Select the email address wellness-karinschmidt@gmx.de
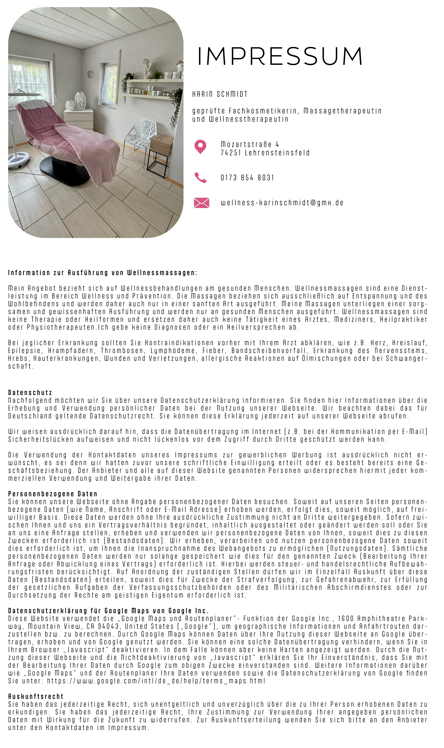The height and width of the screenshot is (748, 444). click(x=282, y=203)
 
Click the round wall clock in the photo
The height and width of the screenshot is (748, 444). click(x=90, y=74)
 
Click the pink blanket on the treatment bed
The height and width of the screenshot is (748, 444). click(x=90, y=139)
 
